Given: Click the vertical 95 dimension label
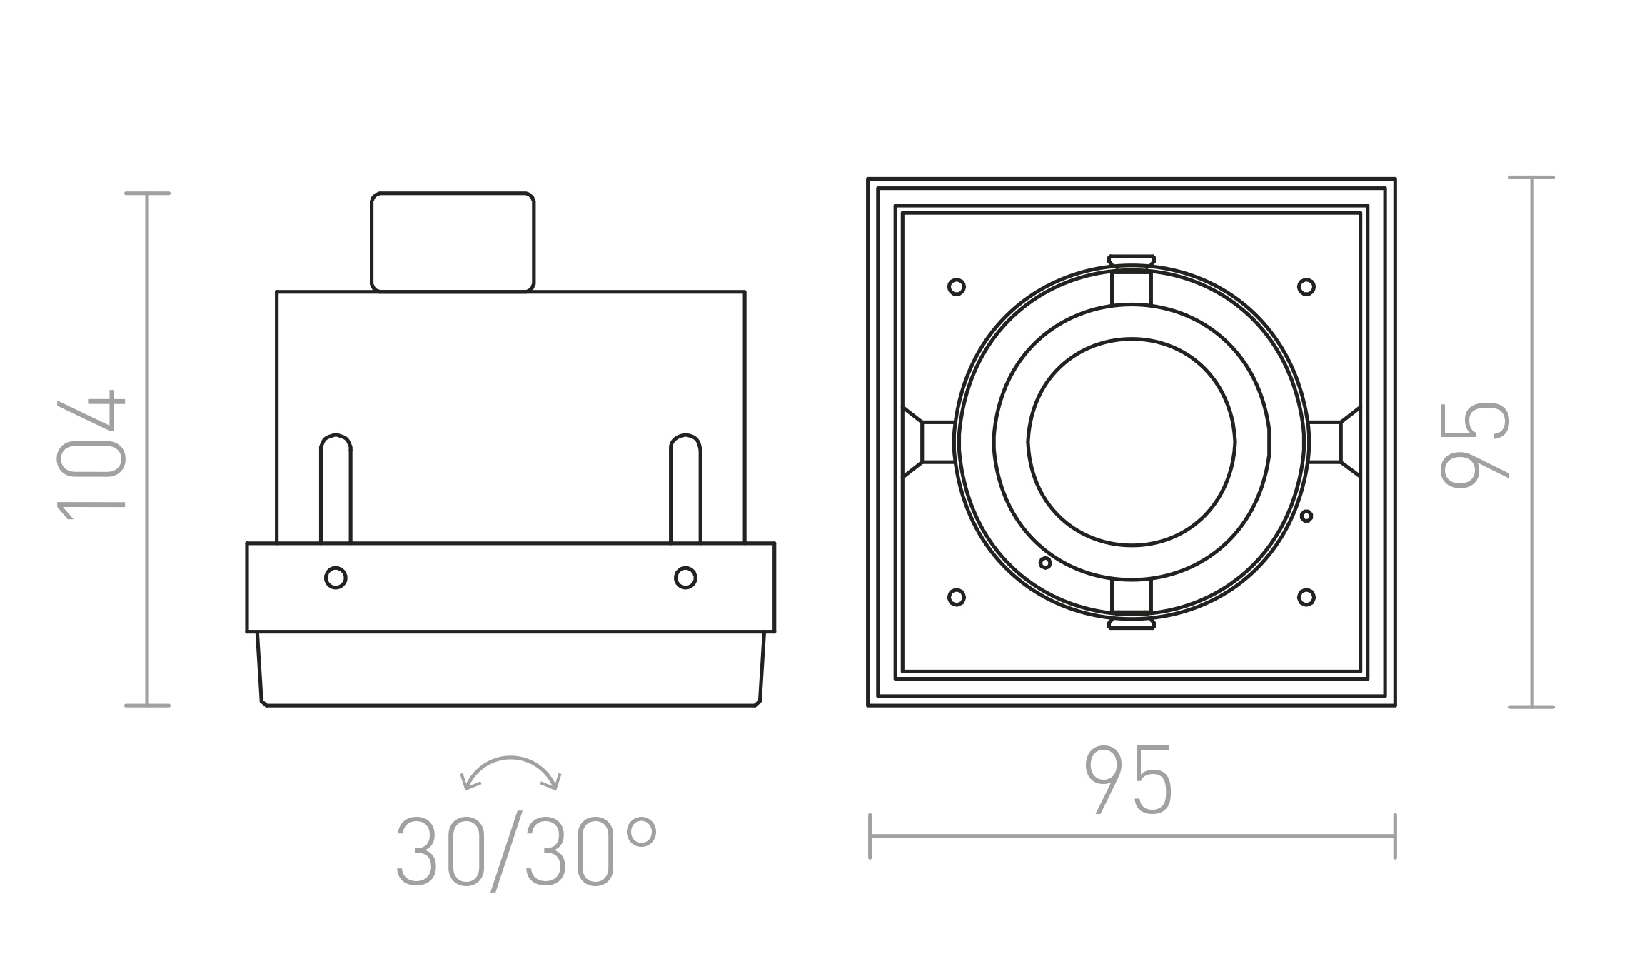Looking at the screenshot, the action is (x=1475, y=445).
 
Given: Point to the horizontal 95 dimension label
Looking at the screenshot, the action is (x=1129, y=780).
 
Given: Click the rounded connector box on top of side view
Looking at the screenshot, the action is (x=453, y=242).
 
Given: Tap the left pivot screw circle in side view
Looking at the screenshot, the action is (x=336, y=577).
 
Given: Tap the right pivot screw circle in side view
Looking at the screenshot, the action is (x=685, y=577).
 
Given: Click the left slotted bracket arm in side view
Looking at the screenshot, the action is (x=336, y=488).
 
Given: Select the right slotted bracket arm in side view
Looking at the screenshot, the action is (x=685, y=488).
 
